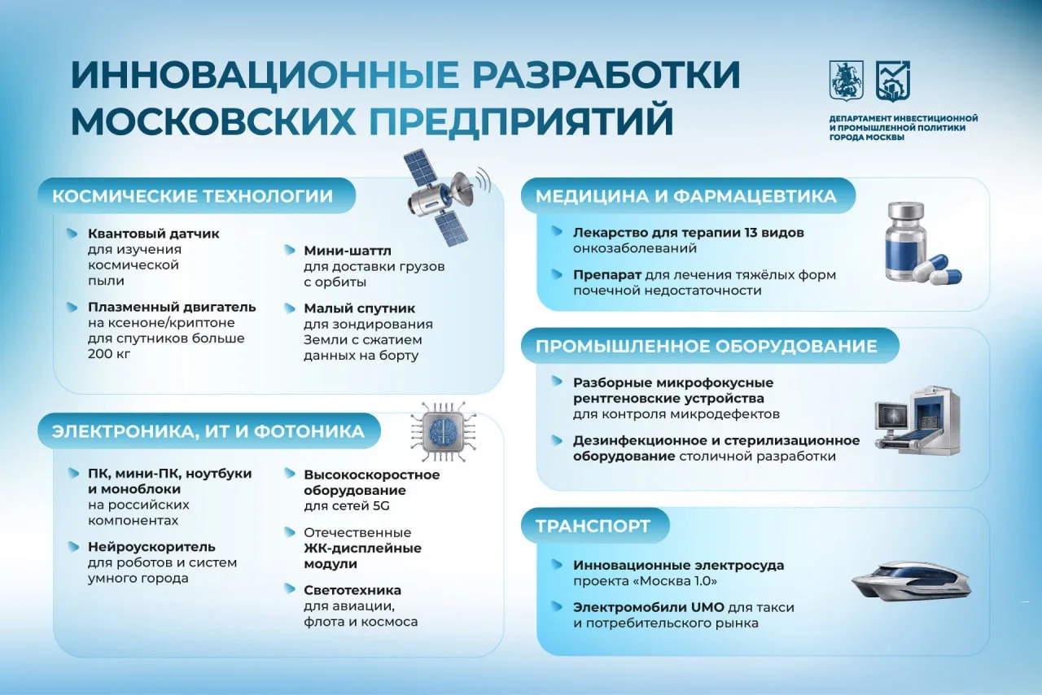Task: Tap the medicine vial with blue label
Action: pos(904,241)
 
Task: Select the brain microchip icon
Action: pos(443,431)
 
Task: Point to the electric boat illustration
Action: pos(911,582)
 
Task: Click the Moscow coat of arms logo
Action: pos(847,81)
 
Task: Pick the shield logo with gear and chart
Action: pos(893,81)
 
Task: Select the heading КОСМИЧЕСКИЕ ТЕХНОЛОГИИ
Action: pos(193,196)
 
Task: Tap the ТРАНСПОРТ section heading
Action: pos(593,527)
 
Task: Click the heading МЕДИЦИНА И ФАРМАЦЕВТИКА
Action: pos(685,196)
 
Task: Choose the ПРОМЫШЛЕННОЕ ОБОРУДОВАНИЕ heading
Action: pos(706,346)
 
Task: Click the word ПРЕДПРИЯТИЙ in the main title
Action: pos(522,121)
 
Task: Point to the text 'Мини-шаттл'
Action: pos(348,251)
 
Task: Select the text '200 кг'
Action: pos(109,354)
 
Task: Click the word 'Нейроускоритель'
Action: pos(151,547)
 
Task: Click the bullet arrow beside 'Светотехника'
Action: pos(290,588)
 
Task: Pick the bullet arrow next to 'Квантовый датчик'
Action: pos(72,233)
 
